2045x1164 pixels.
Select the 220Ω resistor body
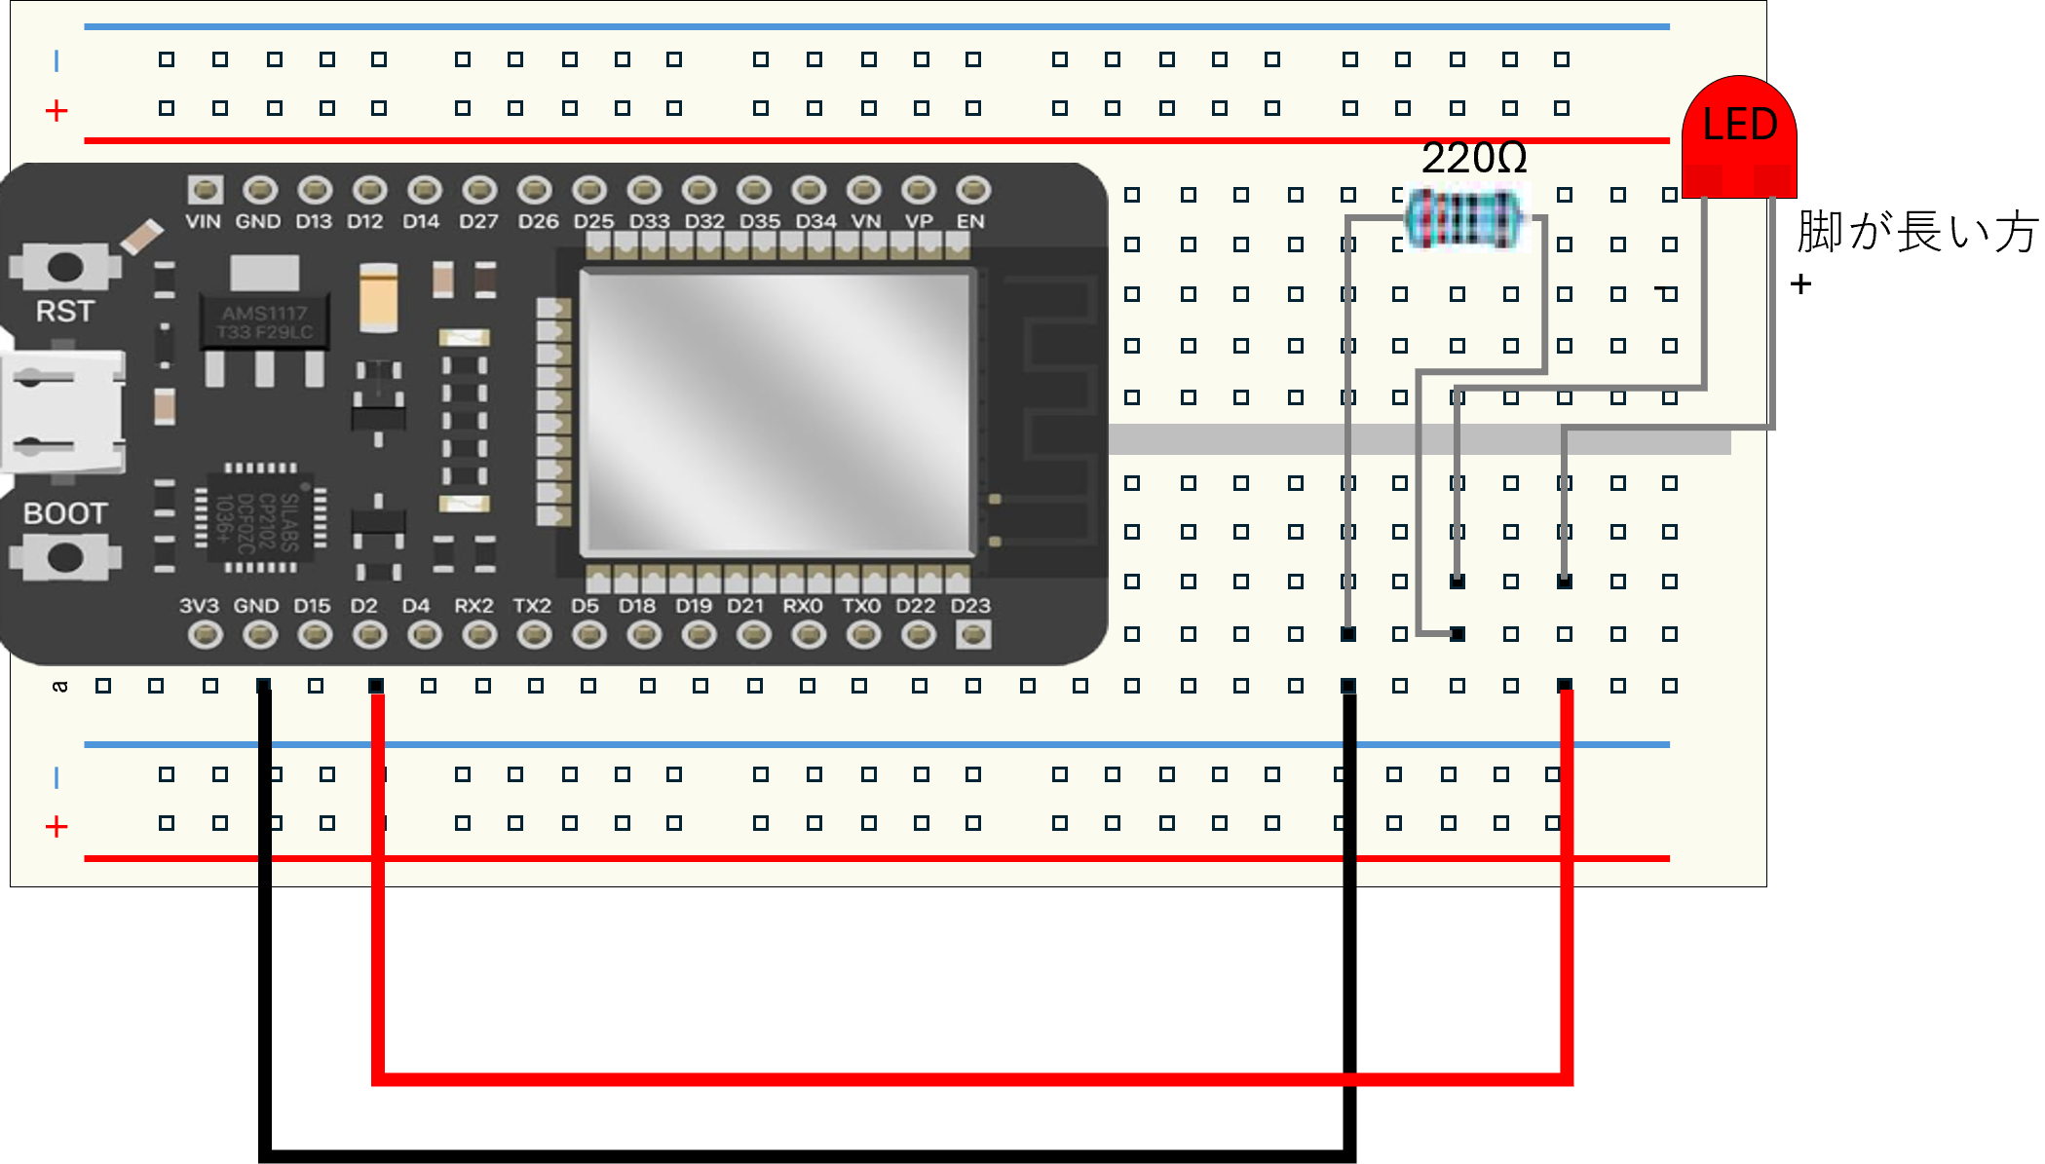[x=1463, y=218]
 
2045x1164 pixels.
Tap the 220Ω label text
[x=1473, y=158]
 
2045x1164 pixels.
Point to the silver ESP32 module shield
[x=776, y=413]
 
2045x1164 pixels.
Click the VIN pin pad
[x=205, y=189]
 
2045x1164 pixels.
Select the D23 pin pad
[x=972, y=635]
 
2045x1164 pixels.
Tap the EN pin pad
[x=972, y=189]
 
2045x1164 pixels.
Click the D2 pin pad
[x=369, y=635]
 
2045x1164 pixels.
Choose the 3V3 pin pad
[x=205, y=635]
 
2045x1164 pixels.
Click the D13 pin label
[x=314, y=222]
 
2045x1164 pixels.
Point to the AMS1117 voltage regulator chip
[x=265, y=322]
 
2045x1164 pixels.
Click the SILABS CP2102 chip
[x=261, y=517]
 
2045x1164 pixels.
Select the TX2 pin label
[x=532, y=606]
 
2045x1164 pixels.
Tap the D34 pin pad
[x=809, y=189]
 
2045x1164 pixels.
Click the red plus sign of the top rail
[x=57, y=111]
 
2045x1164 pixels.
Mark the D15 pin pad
[x=314, y=635]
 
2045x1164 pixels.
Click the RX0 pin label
[x=803, y=606]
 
